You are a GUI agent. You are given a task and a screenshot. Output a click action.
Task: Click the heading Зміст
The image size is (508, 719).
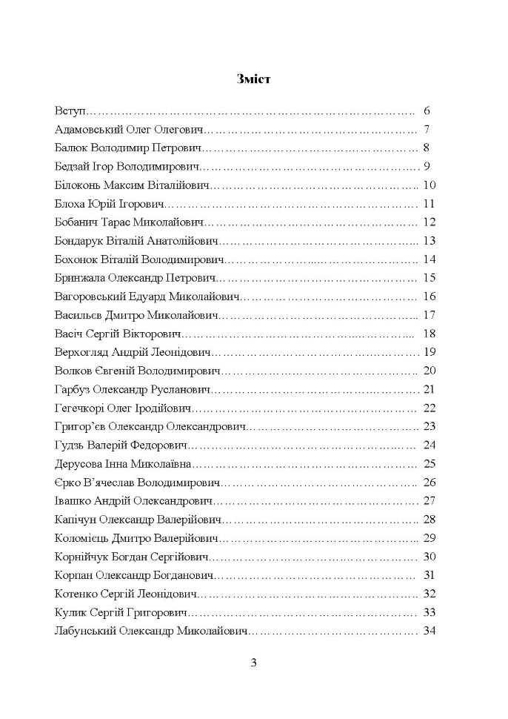coord(253,79)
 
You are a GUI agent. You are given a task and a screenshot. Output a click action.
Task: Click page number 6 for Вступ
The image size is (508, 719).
coord(427,111)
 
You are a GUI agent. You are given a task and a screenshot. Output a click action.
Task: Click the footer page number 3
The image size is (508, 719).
coord(253,663)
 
